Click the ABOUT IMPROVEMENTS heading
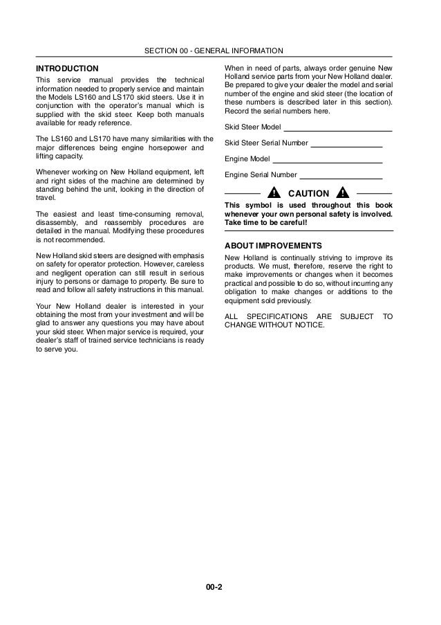[274, 246]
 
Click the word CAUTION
[308, 192]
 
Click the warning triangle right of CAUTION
[342, 192]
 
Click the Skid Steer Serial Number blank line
[347, 145]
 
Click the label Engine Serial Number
[261, 175]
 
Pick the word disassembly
[58, 223]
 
